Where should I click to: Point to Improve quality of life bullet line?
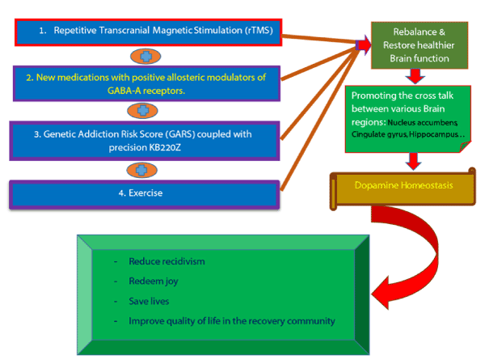click(231, 320)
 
